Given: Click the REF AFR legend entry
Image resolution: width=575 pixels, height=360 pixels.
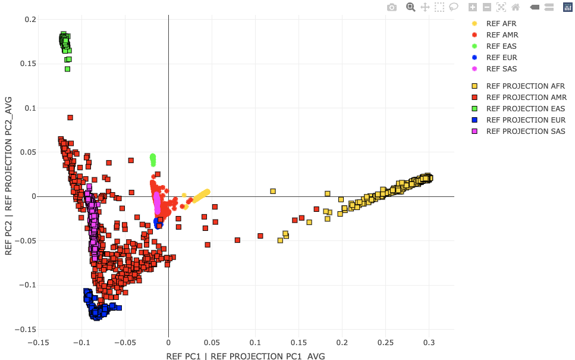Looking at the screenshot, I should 501,24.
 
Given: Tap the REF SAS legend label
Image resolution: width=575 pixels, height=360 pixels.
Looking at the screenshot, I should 501,69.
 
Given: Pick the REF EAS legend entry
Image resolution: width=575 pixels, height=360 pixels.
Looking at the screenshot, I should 501,46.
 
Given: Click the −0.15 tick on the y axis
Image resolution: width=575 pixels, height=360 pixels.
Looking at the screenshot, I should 26,330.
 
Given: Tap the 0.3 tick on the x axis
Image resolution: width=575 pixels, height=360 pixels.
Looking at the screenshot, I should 429,343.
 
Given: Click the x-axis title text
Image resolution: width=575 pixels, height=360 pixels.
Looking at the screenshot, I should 246,356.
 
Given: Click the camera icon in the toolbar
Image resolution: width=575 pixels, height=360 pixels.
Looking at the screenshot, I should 392,7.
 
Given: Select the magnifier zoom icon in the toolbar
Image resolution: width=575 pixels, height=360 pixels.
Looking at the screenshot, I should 410,7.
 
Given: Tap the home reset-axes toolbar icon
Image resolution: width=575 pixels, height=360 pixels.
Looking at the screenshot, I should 516,7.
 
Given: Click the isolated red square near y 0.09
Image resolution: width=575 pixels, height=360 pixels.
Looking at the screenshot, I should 70,118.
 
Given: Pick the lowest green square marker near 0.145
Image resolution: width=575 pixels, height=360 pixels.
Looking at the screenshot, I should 67,69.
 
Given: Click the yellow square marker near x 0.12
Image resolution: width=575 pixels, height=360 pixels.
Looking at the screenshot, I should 273,192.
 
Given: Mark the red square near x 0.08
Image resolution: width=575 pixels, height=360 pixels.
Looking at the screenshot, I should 237,240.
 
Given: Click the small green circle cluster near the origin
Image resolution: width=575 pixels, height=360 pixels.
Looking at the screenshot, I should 153,159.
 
